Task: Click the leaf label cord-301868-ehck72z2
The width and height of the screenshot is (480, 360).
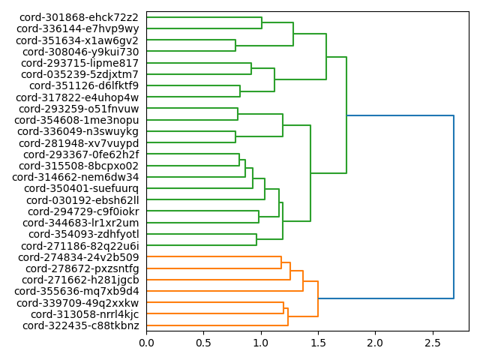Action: coord(79,17)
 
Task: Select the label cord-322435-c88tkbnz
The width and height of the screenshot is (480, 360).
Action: coord(80,325)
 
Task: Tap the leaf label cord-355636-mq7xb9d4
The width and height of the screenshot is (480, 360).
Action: coord(76,291)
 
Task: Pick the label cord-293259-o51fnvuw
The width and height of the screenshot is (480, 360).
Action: coord(78,109)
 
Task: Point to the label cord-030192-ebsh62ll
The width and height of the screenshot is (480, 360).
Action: coord(82,200)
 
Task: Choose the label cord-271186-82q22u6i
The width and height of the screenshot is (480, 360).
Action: coord(79,246)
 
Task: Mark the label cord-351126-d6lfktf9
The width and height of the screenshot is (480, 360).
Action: coord(83,85)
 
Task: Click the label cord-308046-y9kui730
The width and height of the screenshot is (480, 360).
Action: coord(80,52)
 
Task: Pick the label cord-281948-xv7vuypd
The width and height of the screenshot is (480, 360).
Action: coord(79,143)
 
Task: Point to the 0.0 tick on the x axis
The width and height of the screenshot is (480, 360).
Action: coord(146,342)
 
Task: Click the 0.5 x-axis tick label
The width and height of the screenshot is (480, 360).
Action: coord(203,342)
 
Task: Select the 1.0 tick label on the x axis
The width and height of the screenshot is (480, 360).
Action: coord(260,342)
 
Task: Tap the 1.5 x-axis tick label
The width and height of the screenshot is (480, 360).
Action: coord(317,342)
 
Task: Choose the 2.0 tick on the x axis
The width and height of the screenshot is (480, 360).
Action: coord(374,342)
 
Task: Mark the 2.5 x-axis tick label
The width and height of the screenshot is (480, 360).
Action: coord(431,342)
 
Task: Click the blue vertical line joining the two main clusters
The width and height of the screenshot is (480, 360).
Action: coord(454,206)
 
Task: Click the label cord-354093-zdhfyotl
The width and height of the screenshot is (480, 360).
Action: coord(79,235)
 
